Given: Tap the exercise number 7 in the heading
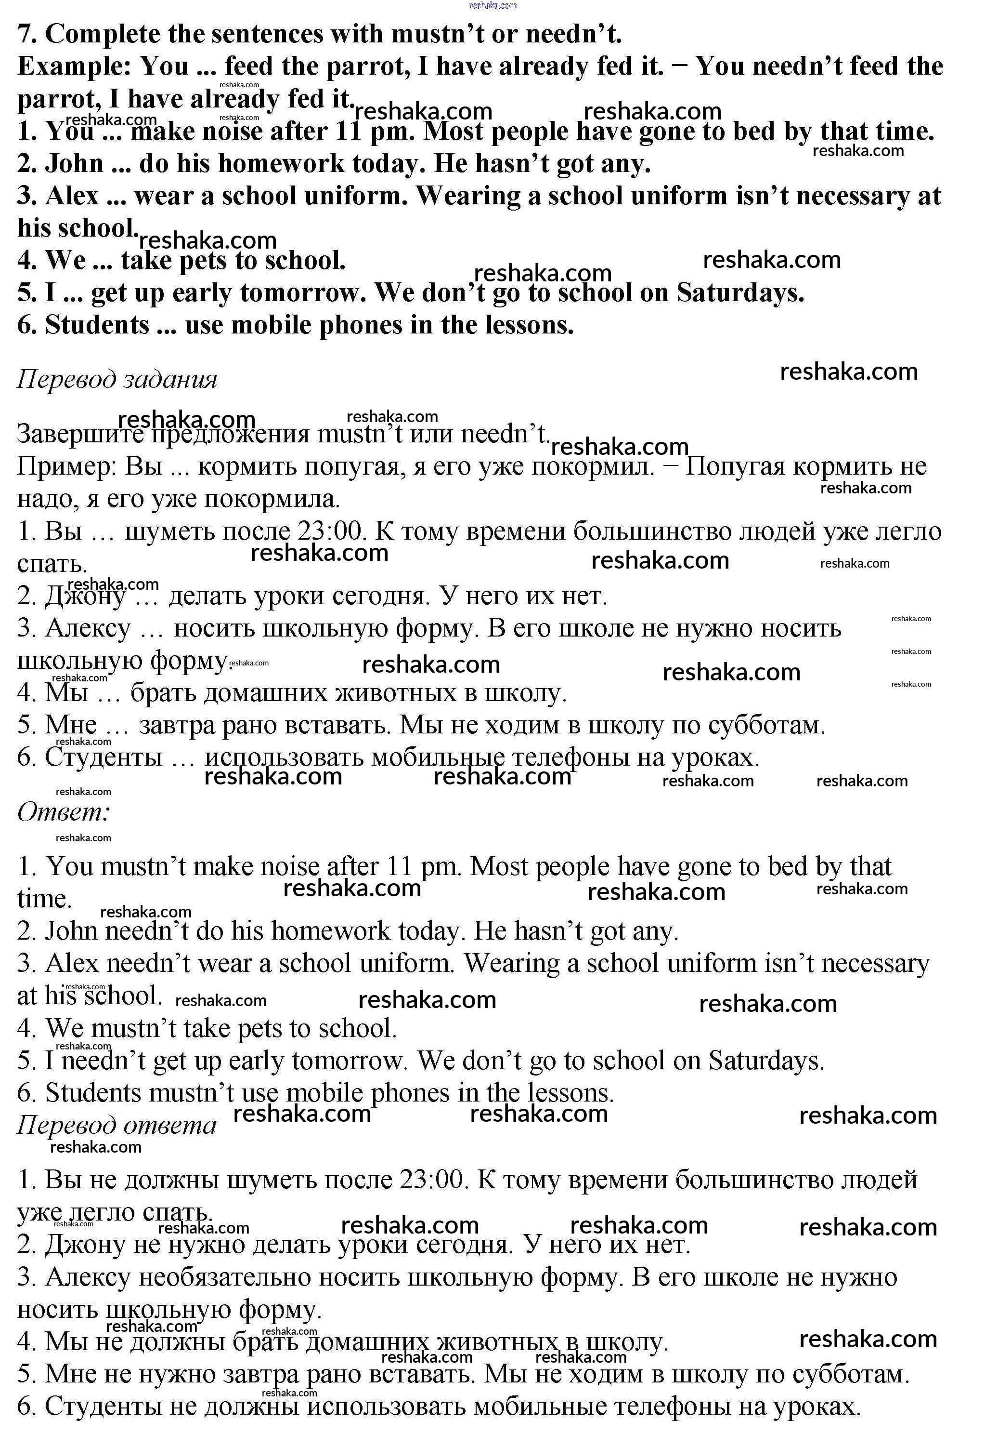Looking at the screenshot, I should [x=25, y=34].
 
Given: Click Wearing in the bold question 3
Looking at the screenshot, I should [x=467, y=196].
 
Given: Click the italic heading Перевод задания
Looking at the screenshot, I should [x=117, y=379].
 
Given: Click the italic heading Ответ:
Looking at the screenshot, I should [x=64, y=812].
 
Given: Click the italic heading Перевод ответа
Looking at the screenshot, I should [x=117, y=1125].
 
